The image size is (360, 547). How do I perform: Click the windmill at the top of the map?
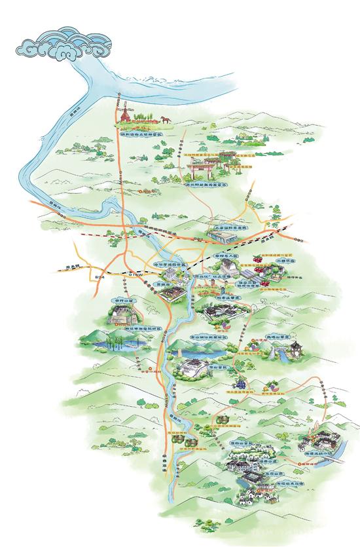[124, 112]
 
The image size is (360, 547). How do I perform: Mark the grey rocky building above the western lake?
[122, 315]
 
